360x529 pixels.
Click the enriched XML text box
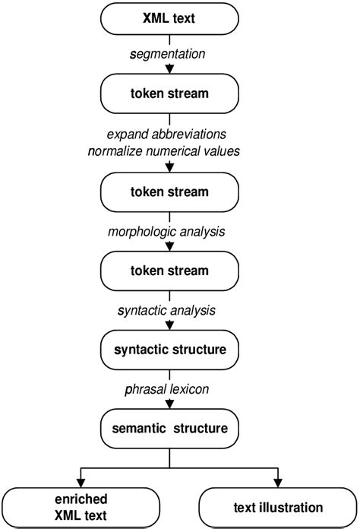tap(81, 506)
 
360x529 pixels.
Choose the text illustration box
tap(278, 506)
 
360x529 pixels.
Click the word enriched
tap(81, 499)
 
